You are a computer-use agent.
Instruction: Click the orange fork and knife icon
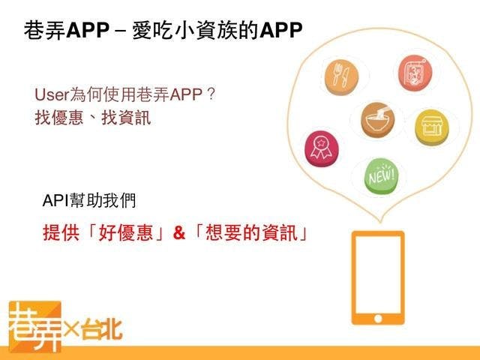341,76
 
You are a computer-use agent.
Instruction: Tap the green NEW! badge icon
382,176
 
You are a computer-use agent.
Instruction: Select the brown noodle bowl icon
378,120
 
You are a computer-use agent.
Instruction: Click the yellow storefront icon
432,127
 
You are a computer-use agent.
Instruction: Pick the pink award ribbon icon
322,148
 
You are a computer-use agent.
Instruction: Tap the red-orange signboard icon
415,73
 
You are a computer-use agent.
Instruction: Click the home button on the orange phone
378,319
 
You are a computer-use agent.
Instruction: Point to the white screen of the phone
378,274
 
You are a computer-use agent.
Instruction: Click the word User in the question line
52,94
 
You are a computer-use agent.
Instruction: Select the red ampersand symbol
179,233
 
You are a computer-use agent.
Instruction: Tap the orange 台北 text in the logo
102,329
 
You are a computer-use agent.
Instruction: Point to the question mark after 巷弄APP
211,94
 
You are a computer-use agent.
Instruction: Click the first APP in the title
88,30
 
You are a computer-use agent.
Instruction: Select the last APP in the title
280,30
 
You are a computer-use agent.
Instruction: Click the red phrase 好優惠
125,233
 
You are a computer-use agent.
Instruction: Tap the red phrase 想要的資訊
252,233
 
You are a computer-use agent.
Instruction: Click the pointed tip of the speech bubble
380,221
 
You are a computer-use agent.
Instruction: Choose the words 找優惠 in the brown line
59,118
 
